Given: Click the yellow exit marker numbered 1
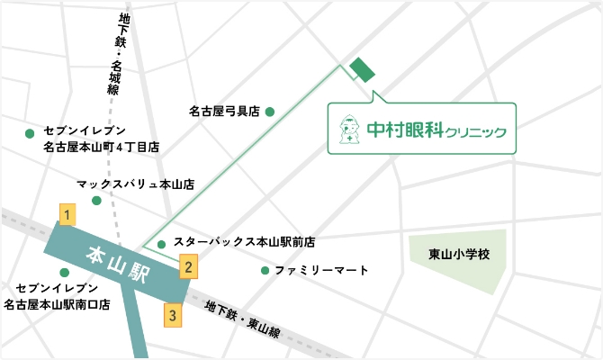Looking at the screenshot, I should point(67,213).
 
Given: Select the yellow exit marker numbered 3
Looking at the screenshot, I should point(173,315).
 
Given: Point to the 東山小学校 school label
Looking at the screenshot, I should point(458,255).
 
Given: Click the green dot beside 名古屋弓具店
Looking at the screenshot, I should point(269,112).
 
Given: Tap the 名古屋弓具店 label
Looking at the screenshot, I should point(224,112).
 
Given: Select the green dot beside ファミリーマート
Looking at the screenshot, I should point(265,271).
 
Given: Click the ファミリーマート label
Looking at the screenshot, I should point(321,271).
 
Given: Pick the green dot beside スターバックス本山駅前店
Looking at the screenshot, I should point(161,244).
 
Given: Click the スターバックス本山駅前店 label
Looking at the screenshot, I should point(244,242).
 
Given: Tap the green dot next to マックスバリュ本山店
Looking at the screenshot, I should point(96,200).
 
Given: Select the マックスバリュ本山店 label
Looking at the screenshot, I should point(136,184).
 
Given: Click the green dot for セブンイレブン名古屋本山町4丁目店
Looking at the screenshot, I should point(30,134).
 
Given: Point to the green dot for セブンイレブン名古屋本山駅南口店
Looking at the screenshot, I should point(64,273).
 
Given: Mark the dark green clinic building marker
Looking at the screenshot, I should point(363,69).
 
